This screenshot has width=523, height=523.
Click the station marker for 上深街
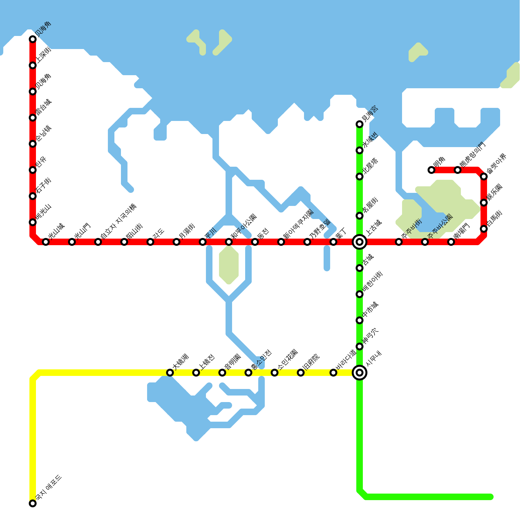(x=33, y=65)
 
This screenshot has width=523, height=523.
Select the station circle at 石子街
(x=33, y=196)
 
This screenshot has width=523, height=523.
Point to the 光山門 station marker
(x=72, y=242)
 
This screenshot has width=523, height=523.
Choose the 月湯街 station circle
(x=177, y=242)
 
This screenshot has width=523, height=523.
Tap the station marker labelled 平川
(x=203, y=242)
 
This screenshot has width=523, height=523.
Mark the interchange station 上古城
(x=360, y=242)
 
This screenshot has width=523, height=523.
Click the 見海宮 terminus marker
(x=360, y=124)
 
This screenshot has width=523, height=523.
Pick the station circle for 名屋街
(x=360, y=216)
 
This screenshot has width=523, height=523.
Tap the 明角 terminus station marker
(x=431, y=170)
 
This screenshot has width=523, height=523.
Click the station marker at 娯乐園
(x=484, y=203)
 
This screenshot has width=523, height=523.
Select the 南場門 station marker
(x=451, y=242)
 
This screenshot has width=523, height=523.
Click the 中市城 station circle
(x=360, y=320)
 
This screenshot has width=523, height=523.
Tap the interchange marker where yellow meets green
(x=360, y=373)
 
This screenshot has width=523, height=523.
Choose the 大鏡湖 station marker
(x=170, y=373)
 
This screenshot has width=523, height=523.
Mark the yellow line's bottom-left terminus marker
(x=33, y=503)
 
